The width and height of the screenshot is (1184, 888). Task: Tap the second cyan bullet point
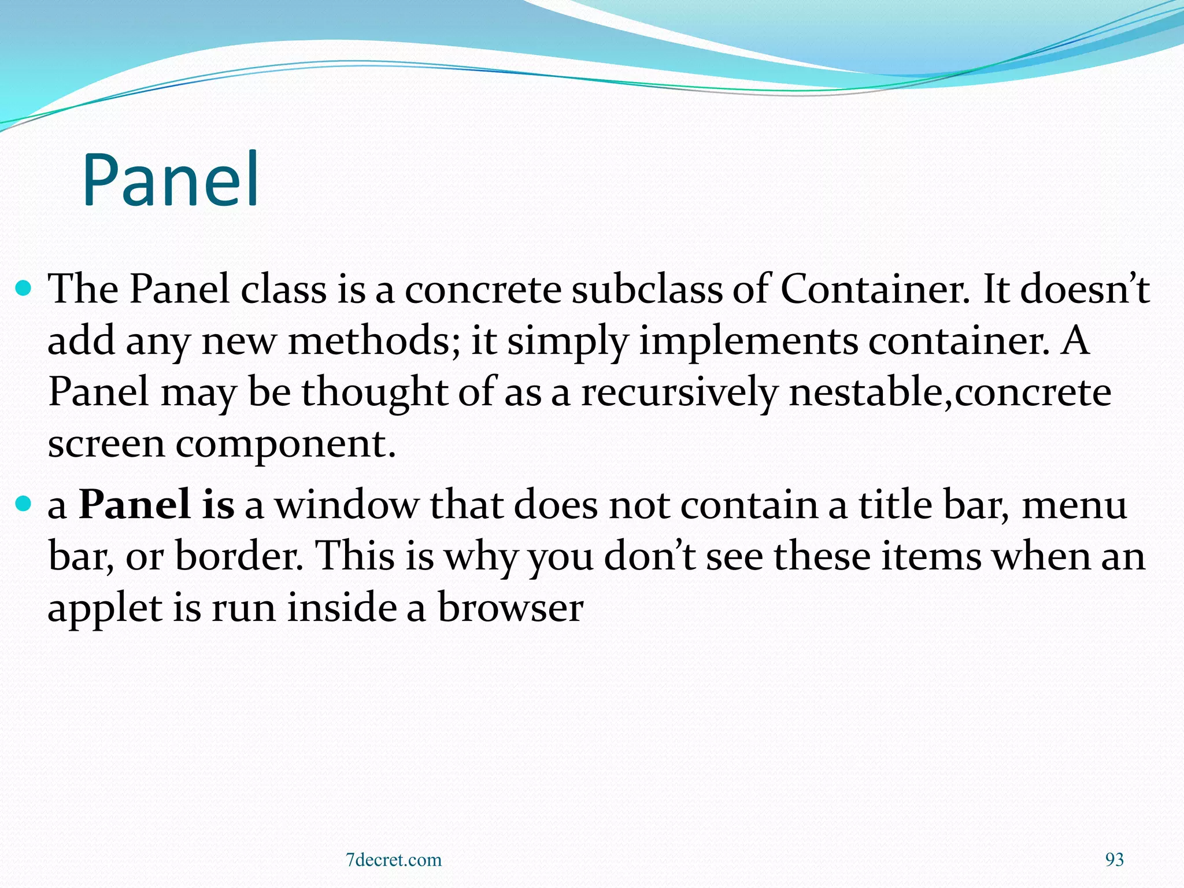tap(23, 504)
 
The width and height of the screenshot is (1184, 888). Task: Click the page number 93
tap(1114, 860)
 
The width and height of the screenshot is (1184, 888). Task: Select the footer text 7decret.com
tap(393, 860)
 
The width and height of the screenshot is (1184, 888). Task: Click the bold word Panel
tap(134, 504)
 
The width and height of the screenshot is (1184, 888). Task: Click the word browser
tap(510, 608)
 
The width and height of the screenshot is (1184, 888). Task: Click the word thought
tap(375, 393)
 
